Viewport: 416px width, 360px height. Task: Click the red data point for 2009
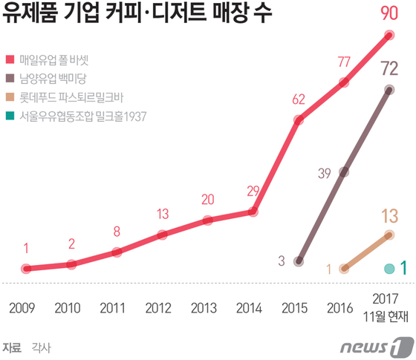tap(25, 269)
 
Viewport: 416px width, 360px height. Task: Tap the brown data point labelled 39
tap(344, 172)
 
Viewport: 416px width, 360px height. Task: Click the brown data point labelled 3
tap(299, 261)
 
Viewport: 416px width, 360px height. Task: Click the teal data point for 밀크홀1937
tap(389, 268)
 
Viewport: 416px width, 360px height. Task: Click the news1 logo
tap(376, 346)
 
